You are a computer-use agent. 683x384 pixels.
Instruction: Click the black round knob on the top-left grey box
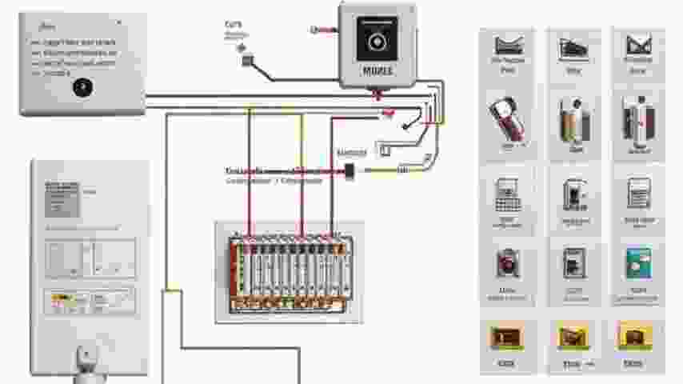click(82, 87)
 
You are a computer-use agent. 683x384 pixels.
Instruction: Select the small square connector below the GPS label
click(248, 58)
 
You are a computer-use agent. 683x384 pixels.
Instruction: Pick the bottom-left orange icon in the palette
click(505, 338)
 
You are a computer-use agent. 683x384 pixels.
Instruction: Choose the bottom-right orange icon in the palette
click(635, 338)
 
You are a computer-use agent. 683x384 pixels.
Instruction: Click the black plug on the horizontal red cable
click(349, 170)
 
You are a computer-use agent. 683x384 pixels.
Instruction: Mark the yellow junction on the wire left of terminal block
click(167, 291)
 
